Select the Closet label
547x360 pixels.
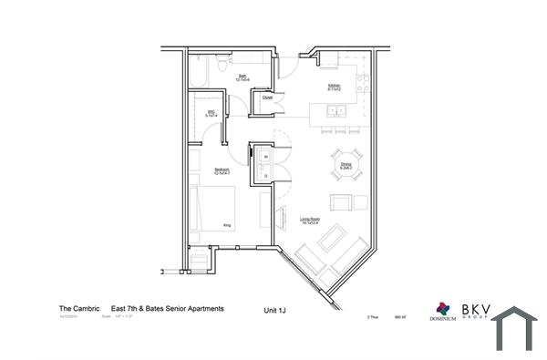267,97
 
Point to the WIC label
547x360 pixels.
211,114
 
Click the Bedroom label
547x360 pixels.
222,170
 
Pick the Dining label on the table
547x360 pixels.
346,166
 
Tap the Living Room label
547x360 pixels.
310,220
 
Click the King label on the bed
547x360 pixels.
226,223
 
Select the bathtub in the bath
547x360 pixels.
202,70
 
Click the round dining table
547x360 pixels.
346,166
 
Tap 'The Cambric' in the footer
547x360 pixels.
79,309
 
